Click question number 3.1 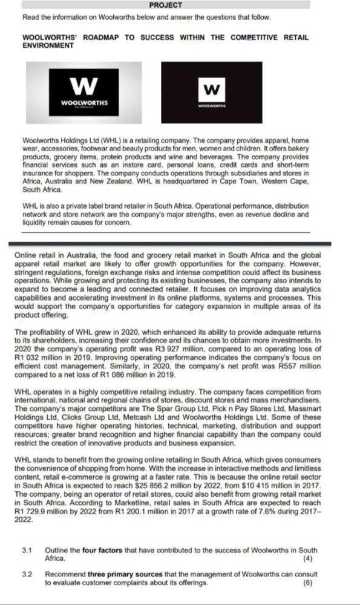click(26, 550)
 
